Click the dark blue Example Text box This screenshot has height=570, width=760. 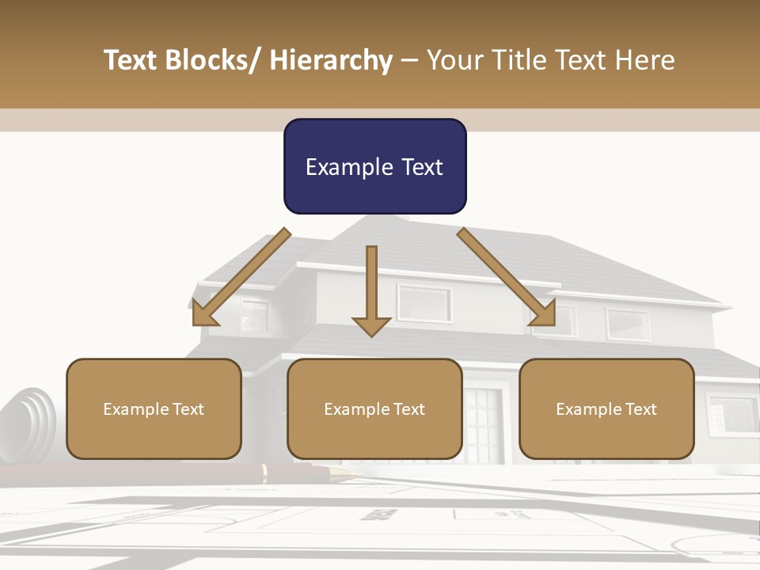[374, 166]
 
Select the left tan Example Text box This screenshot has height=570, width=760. [154, 408]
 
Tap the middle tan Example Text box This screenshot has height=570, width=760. [374, 408]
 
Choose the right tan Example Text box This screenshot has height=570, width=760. [606, 408]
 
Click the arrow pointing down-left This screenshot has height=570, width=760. [241, 278]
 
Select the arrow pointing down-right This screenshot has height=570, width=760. [507, 278]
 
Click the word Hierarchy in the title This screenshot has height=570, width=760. [331, 60]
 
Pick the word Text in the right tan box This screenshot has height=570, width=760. [640, 409]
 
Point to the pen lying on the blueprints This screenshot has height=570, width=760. [301, 473]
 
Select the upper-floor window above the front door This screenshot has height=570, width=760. [424, 303]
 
